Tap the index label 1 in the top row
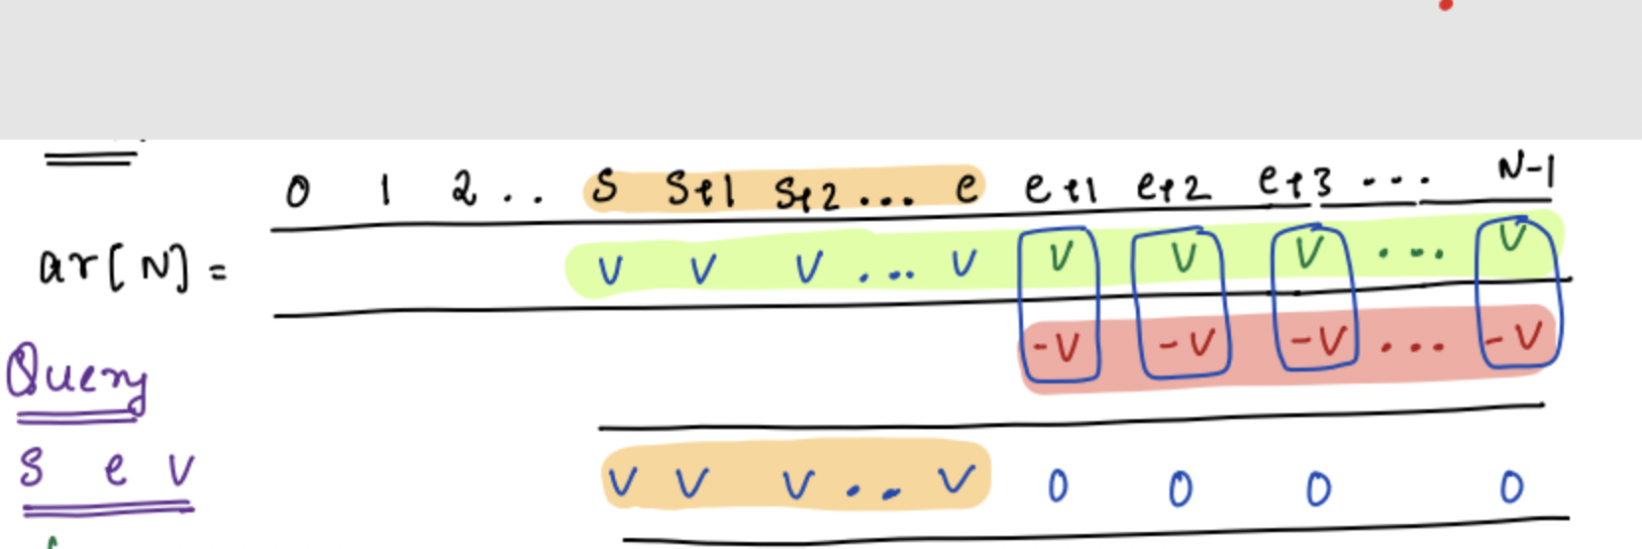384,188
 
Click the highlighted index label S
604,187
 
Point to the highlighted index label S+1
700,188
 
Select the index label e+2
1173,185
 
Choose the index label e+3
1295,182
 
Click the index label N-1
1526,171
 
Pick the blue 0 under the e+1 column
1058,487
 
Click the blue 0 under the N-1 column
1511,487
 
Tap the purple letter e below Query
115,469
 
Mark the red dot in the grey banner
1447,5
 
